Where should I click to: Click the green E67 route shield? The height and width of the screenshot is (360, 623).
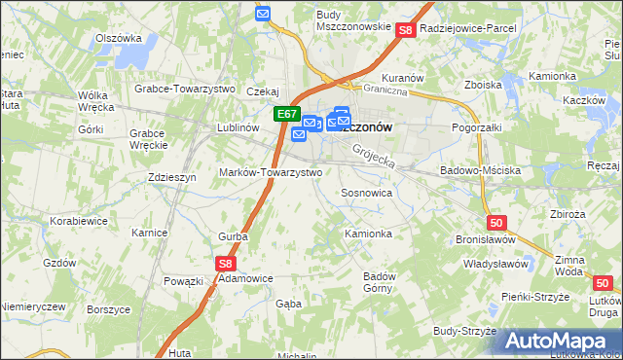click(x=286, y=114)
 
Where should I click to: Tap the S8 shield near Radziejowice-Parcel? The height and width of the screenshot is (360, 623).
click(x=407, y=31)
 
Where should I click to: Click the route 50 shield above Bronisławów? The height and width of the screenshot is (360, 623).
click(x=496, y=223)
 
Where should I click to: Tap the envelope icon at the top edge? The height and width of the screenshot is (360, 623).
click(x=263, y=13)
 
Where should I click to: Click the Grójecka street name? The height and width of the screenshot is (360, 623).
click(x=374, y=152)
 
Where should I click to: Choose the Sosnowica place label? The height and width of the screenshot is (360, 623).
click(x=366, y=193)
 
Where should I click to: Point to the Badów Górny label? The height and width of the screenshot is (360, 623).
click(x=379, y=280)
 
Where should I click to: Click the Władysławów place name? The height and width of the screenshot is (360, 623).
click(x=495, y=263)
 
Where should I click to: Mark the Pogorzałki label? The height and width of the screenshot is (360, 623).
click(x=477, y=127)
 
